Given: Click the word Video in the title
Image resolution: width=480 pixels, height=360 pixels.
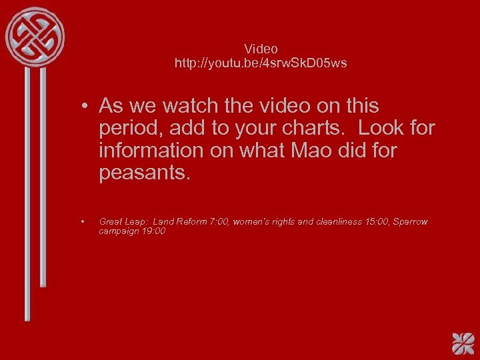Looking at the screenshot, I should [261, 49].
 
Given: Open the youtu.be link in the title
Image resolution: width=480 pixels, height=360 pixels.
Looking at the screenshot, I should [261, 63].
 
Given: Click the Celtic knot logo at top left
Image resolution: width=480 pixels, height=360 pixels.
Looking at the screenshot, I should [35, 36].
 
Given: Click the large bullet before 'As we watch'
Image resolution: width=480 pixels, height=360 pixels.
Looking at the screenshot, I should [86, 106].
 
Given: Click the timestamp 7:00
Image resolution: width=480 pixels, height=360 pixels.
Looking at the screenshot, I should [219, 221].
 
